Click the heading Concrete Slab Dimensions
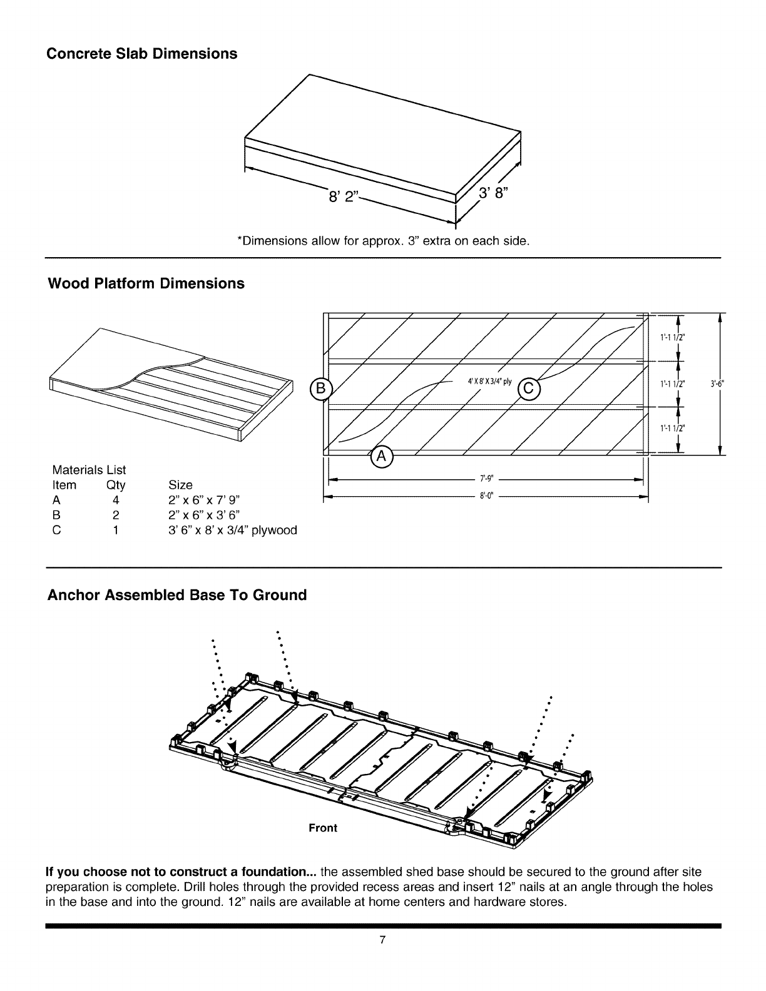coord(143,54)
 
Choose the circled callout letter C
coord(528,389)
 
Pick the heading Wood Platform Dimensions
coord(146,283)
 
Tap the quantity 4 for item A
coord(116,501)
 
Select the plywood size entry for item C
coord(233,531)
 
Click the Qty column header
coord(116,485)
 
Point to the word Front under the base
coord(323,828)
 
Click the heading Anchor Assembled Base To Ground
coord(177,595)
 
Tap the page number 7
coord(383,957)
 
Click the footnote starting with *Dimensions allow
coord(383,241)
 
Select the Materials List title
coord(89,470)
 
